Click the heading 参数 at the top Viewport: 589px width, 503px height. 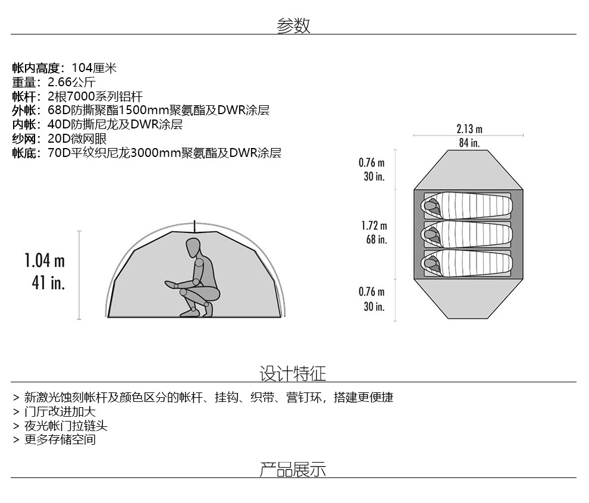pos(293,26)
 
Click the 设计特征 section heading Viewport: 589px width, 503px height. pos(293,373)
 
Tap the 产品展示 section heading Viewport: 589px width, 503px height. pos(293,469)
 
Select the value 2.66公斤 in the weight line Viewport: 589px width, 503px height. pos(71,82)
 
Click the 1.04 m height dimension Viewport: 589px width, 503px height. pos(45,260)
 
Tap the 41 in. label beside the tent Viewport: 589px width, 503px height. pos(48,282)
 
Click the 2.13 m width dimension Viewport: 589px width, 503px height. pos(469,128)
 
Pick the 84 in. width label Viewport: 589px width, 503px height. pos(469,143)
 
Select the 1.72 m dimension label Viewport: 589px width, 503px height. pos(374,226)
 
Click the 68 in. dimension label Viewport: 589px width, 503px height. pos(376,240)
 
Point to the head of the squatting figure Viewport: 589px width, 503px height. pos(193,247)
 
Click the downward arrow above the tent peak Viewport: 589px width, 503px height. pos(195,226)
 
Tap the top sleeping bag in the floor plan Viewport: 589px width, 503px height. pos(467,205)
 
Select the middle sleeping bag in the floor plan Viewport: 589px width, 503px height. pos(467,234)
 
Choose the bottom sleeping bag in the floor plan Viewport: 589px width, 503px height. pos(467,263)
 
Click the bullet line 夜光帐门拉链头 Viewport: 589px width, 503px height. pos(65,426)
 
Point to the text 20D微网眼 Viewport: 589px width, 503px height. pos(77,139)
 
